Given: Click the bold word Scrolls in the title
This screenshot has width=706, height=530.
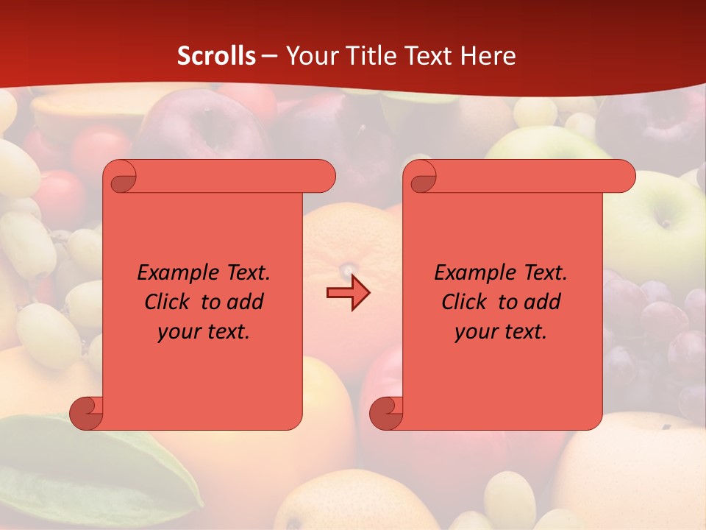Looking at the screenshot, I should coord(216,56).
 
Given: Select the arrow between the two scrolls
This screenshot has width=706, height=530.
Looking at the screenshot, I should coord(348,293).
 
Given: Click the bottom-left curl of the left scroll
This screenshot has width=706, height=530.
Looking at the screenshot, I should coord(87,414).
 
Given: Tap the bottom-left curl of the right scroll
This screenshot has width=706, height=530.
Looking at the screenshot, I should coord(387,414).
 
